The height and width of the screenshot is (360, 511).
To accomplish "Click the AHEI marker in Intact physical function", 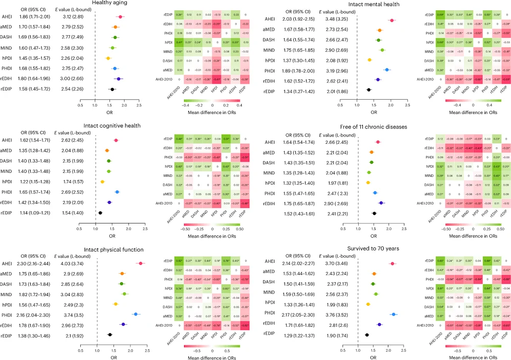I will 141,263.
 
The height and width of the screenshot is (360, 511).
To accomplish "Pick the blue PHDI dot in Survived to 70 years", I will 393,300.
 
